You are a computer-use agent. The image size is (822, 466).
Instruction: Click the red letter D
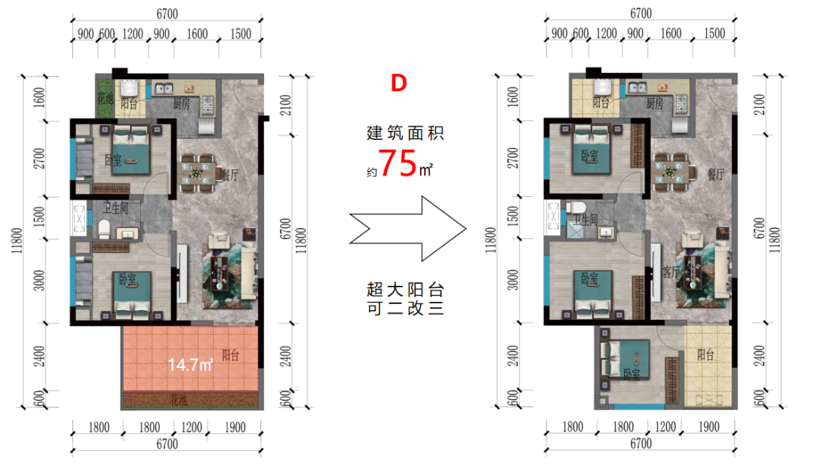pos(399,84)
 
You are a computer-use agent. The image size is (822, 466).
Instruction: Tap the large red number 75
pos(398,163)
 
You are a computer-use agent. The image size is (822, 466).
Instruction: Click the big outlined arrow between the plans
pos(407,229)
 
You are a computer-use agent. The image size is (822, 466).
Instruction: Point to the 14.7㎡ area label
pos(190,364)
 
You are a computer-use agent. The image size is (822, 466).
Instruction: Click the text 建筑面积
pos(405,133)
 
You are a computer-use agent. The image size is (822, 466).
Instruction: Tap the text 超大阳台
pos(405,290)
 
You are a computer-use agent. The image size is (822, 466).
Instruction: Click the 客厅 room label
pos(671,271)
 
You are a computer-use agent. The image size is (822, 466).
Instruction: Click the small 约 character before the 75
pos(371,173)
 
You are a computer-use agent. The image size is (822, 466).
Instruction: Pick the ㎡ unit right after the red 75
pos(425,170)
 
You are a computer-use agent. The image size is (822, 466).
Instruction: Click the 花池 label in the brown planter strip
pos(178,401)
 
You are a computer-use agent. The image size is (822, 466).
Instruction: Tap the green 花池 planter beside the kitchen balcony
pos(104,98)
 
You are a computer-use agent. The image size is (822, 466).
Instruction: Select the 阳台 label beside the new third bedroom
pos(706,354)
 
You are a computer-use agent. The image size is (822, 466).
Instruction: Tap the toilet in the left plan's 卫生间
pos(104,229)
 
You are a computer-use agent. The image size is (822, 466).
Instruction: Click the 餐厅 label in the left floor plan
pos(230,175)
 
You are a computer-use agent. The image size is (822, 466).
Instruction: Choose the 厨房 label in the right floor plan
pos(655,103)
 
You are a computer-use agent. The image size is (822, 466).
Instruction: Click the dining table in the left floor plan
pos(196,173)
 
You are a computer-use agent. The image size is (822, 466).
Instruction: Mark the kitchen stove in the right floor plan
pos(681,104)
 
